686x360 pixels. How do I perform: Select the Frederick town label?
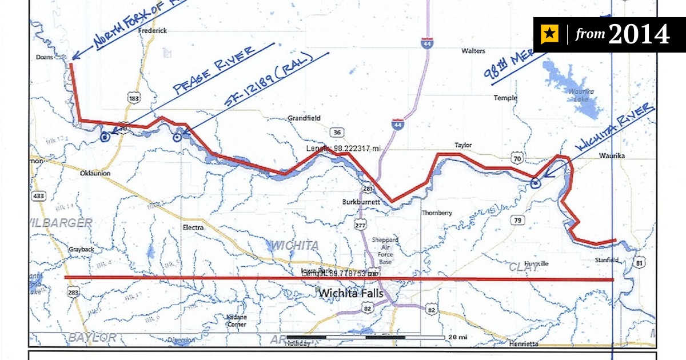point(152,31)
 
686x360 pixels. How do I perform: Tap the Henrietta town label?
point(523,344)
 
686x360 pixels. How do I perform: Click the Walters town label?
point(473,51)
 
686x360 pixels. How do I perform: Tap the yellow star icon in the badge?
point(550,35)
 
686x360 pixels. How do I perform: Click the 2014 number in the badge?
point(639,35)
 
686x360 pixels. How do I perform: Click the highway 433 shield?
point(39,197)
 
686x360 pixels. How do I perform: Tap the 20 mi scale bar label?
point(457,337)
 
